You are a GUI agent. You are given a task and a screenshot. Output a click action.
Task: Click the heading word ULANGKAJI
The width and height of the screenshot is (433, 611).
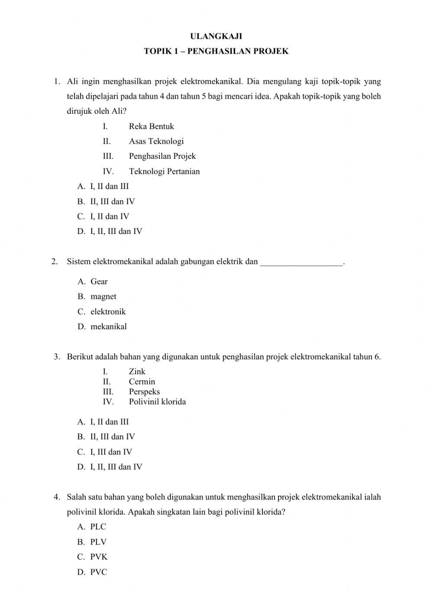point(216,36)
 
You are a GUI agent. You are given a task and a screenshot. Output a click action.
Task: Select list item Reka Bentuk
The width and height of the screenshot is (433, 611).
point(151,126)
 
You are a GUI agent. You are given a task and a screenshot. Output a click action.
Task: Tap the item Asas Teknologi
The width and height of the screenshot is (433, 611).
point(156,141)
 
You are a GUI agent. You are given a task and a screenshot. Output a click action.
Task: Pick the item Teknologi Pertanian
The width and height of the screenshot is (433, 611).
point(164,171)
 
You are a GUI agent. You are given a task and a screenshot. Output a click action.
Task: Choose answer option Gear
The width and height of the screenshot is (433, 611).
point(99,282)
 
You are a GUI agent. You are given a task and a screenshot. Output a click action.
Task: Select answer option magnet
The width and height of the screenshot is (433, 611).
point(103,297)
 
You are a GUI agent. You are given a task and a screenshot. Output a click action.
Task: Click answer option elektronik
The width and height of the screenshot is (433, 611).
point(108,312)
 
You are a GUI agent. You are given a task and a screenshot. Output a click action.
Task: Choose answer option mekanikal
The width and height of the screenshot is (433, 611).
point(108,327)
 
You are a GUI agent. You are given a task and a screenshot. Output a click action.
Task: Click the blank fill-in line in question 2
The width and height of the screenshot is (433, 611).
point(301,262)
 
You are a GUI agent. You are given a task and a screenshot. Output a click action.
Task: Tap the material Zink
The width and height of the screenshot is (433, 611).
point(137,371)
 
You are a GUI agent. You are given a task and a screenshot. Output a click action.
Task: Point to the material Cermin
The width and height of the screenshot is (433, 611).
point(142,381)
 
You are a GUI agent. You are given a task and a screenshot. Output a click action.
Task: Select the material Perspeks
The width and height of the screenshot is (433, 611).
point(144,392)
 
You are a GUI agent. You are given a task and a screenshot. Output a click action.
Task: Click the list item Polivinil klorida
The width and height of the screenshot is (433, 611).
point(157,402)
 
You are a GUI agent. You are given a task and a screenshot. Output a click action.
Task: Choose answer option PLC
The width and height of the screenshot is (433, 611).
point(98,527)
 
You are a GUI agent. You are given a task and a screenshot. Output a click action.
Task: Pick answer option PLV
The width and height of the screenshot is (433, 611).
point(98,542)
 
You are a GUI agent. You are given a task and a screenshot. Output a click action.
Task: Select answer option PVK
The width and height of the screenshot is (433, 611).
point(99,557)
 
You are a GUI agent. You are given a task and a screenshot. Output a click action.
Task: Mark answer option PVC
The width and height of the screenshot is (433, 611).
point(98,572)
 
